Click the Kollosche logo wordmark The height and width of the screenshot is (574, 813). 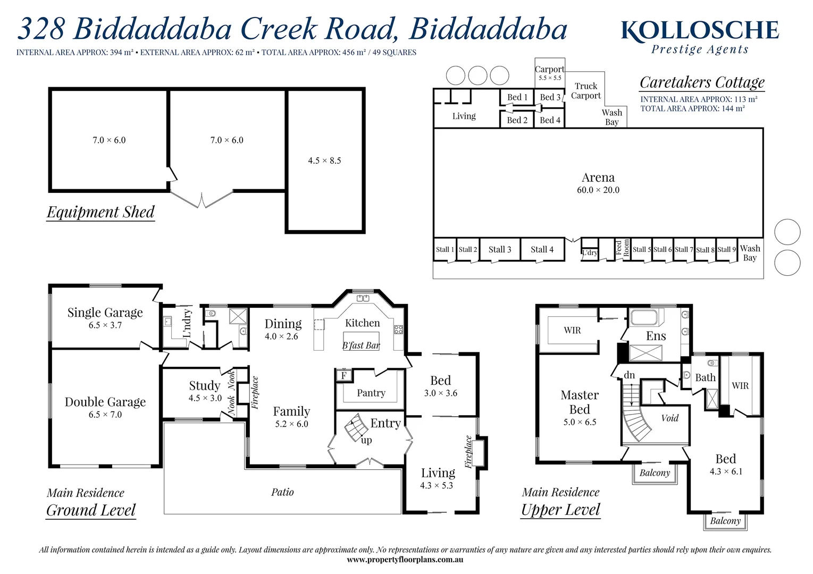point(700,31)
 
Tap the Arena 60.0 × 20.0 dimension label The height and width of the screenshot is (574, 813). point(598,190)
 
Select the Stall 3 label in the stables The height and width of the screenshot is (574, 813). point(500,249)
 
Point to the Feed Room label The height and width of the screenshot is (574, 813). point(623,248)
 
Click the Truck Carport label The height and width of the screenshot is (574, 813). point(586,91)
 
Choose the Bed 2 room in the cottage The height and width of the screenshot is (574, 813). point(517,120)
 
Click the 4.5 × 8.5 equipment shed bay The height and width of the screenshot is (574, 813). point(324,161)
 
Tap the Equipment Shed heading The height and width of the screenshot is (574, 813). point(100,212)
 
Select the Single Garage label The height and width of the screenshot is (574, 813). point(105,313)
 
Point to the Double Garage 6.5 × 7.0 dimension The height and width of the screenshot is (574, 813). point(105,415)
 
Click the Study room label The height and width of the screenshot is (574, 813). point(205,385)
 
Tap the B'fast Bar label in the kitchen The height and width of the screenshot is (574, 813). point(361,345)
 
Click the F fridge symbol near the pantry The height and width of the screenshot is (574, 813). point(343,376)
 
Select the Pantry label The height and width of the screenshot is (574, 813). point(371,393)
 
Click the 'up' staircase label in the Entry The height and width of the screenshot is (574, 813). point(366,440)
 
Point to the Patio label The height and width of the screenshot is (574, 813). point(282,492)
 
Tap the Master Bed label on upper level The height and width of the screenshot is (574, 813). point(580,402)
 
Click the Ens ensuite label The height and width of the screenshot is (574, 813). point(656,336)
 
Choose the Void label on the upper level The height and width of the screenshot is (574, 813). point(670,418)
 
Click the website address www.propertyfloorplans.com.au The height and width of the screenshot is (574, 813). point(405,560)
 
